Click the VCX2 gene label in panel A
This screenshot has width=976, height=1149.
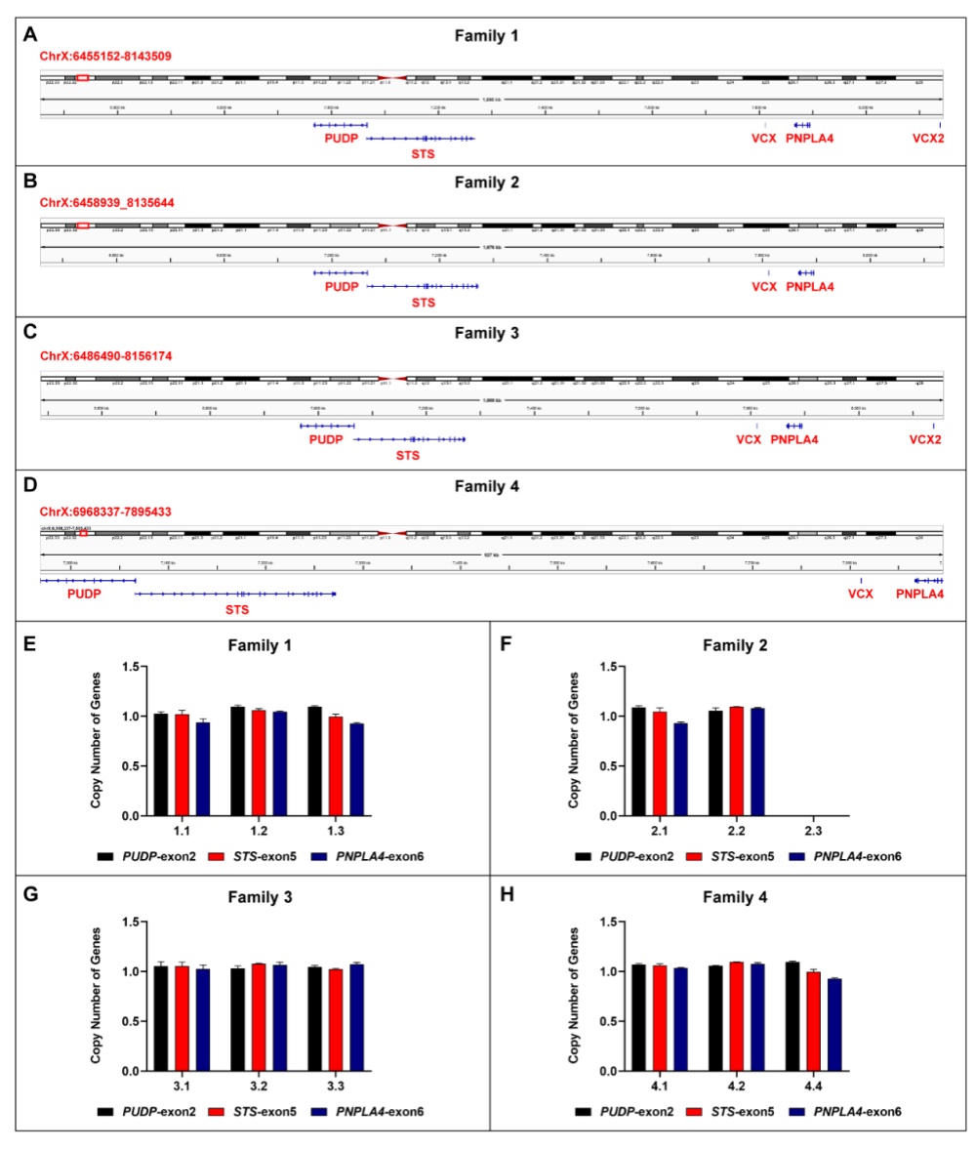[x=928, y=139]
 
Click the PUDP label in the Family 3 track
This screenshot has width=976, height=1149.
[x=326, y=439]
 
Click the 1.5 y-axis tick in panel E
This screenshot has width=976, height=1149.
[x=135, y=667]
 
